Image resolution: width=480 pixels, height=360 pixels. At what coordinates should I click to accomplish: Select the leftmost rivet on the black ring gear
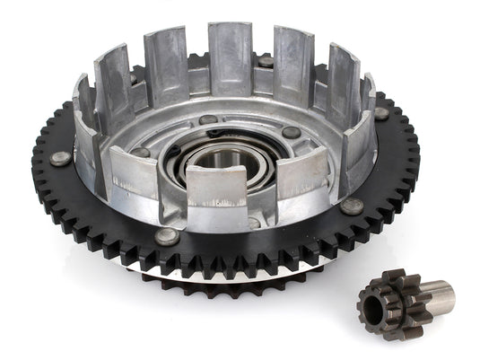(61, 158)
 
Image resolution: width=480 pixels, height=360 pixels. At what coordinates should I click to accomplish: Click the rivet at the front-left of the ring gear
(167, 236)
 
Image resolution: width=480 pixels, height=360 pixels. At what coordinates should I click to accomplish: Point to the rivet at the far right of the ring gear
(382, 114)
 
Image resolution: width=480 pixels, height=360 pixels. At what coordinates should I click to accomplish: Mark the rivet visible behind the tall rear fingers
(266, 61)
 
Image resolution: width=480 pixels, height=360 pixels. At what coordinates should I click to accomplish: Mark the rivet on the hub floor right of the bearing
(292, 133)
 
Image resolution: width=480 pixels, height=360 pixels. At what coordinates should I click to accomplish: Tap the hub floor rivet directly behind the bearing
(207, 119)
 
